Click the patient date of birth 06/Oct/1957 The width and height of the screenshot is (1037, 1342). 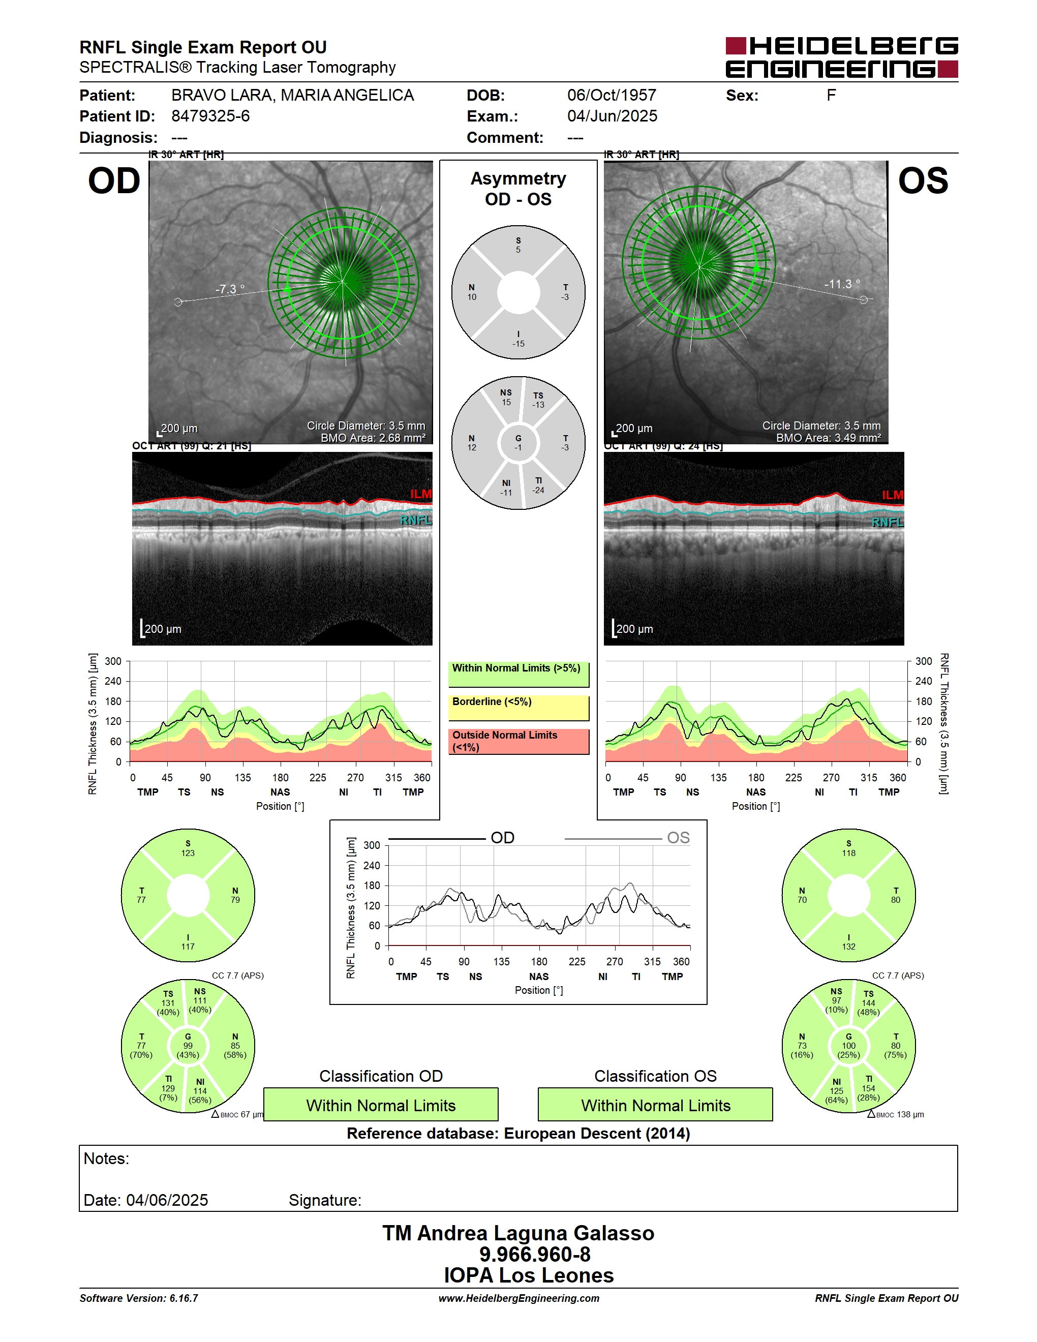point(611,95)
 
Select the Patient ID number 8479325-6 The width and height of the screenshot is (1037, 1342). point(210,116)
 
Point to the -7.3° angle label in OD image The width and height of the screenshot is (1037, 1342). point(230,289)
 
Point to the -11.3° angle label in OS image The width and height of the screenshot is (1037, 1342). point(842,284)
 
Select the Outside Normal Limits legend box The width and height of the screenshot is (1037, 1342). point(518,741)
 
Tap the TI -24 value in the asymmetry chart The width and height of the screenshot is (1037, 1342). point(538,485)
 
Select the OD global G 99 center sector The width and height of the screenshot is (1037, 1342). point(188,1046)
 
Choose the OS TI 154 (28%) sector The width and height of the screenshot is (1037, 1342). point(869,1088)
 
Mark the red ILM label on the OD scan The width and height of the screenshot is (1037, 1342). point(421,494)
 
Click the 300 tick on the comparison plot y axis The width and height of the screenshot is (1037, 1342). point(372,845)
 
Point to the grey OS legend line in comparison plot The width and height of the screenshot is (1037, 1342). point(613,839)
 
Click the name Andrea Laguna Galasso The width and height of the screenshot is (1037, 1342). point(536,1233)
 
